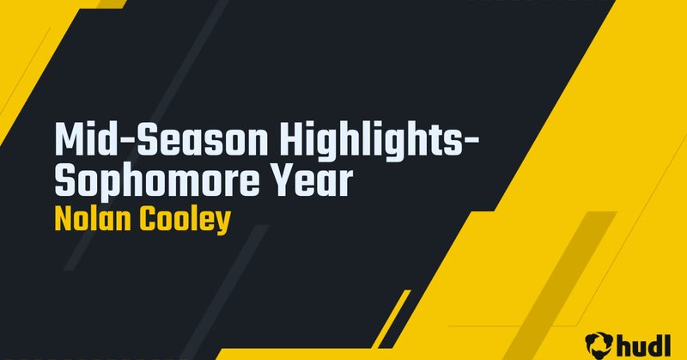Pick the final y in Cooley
[223, 223]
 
